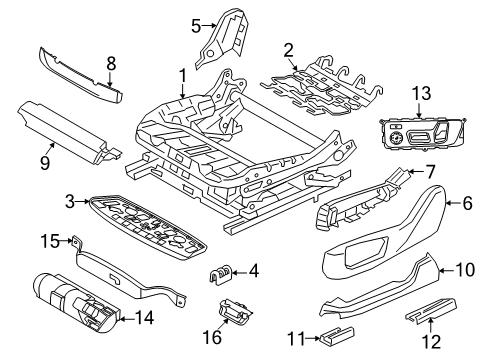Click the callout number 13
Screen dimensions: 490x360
[x=422, y=93]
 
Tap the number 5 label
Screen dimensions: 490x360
[x=196, y=26]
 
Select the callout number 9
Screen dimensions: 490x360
[x=45, y=163]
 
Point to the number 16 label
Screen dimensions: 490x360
[x=212, y=337]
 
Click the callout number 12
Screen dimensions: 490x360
[x=431, y=342]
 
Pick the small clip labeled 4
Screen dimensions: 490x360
[x=221, y=273]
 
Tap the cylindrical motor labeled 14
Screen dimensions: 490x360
[x=76, y=303]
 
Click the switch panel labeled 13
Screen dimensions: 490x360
[x=422, y=134]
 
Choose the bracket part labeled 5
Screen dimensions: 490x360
[x=222, y=37]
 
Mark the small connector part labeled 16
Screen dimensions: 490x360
[x=234, y=310]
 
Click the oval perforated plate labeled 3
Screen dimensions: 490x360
[x=147, y=227]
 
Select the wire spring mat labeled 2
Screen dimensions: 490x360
[x=322, y=90]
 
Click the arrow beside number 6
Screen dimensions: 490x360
[x=453, y=203]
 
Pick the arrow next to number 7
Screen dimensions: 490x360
[x=415, y=172]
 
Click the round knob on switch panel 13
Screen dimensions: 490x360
[x=396, y=137]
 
